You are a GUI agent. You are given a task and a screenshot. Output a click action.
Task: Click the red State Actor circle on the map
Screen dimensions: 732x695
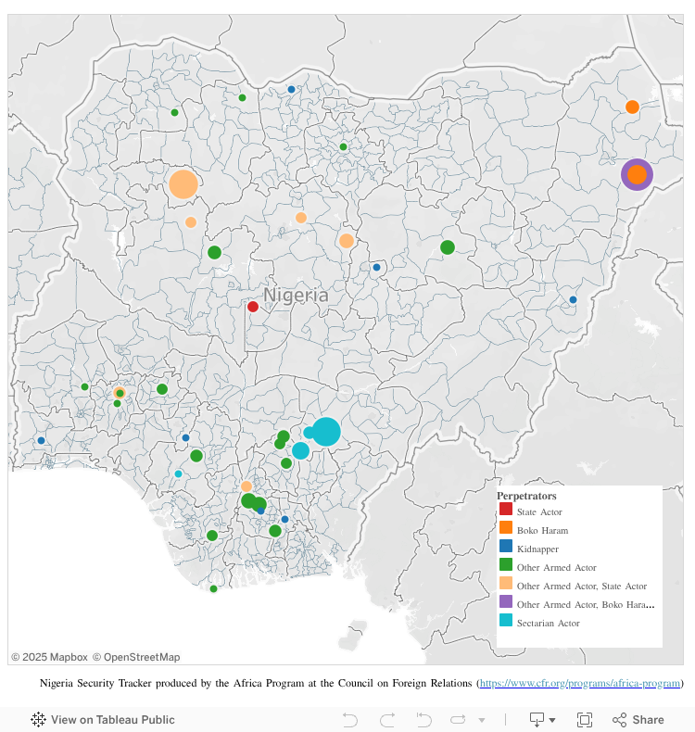[x=253, y=307]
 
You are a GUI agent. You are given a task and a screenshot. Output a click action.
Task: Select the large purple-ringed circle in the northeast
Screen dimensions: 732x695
[x=637, y=174]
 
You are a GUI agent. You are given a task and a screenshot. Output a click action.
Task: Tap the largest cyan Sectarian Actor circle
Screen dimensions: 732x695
[x=325, y=432]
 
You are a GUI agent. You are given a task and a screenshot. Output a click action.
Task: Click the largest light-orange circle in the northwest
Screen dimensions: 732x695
[x=183, y=183]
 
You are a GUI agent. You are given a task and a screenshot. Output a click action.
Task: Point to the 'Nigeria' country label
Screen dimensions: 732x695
[x=296, y=295]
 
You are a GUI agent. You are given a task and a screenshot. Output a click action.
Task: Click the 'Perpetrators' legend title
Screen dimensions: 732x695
[x=526, y=496]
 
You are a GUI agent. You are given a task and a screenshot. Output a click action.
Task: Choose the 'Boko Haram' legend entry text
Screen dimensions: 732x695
[x=542, y=531]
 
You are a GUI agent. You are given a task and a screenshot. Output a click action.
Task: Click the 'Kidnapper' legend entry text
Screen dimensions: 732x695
[x=537, y=549]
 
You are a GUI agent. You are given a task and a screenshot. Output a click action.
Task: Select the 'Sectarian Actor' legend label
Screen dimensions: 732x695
[x=548, y=623]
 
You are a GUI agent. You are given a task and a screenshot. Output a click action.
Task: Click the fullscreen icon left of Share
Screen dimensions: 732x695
[x=585, y=720]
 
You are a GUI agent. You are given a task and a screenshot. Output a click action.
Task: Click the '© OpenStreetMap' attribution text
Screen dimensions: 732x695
[x=136, y=657]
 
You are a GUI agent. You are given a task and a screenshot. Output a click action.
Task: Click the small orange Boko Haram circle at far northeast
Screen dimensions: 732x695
[x=632, y=107]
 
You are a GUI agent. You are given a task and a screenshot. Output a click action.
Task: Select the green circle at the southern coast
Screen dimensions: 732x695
[x=213, y=588]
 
